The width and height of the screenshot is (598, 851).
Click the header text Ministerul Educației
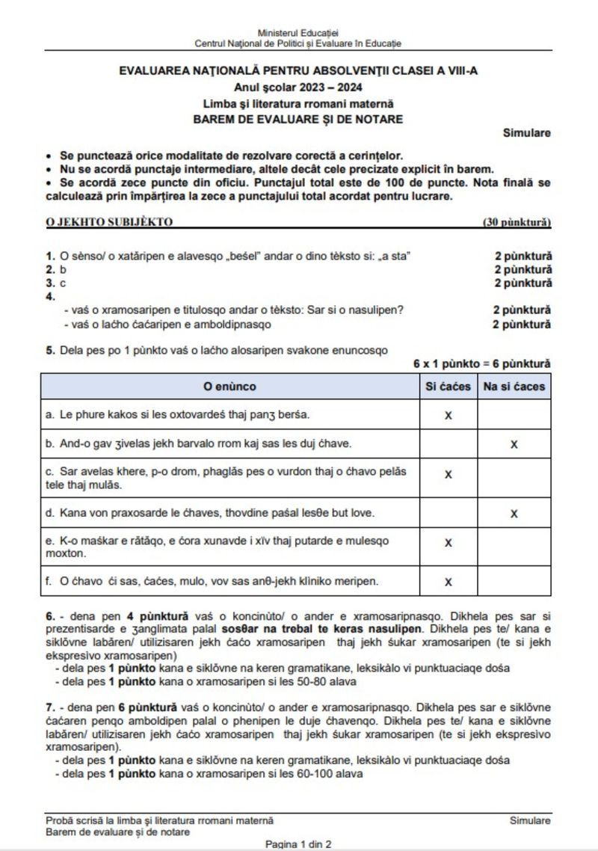coord(298,34)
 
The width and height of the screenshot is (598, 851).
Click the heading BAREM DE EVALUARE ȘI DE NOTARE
coord(298,118)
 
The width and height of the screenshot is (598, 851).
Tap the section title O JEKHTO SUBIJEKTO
coord(109,222)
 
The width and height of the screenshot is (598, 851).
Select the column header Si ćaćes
coord(448,387)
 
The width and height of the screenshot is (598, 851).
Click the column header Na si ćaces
coord(514,387)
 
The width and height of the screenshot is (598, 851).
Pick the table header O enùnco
coord(229,387)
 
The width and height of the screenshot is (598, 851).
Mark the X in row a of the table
coord(448,414)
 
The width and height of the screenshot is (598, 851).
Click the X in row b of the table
coord(514,444)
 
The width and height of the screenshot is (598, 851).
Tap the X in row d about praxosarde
coord(514,513)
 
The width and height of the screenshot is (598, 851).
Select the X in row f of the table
coord(448,581)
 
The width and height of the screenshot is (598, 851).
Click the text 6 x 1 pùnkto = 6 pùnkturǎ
coord(482,364)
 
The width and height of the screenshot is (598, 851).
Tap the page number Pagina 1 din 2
coord(298,844)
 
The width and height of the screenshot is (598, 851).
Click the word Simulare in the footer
coord(531,820)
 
